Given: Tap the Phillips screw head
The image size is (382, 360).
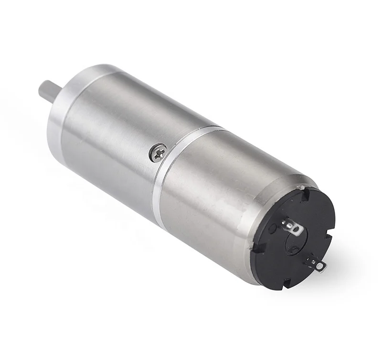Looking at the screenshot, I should pyautogui.click(x=158, y=153).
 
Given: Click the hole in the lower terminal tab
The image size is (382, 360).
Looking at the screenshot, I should pyautogui.click(x=319, y=266).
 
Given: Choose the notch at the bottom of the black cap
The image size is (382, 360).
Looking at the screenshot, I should pyautogui.click(x=287, y=283).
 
